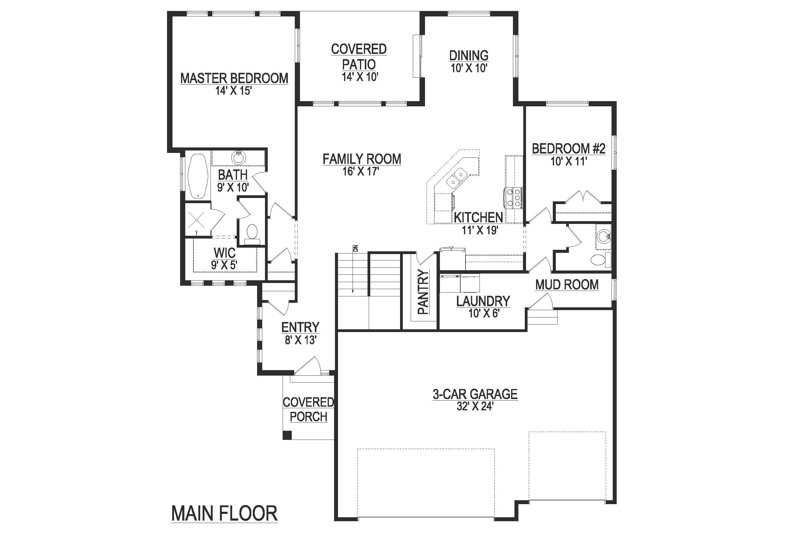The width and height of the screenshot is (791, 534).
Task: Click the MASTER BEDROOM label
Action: click(x=234, y=78)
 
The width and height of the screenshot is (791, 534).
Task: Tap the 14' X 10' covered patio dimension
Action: click(x=360, y=77)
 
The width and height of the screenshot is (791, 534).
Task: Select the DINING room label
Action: click(x=469, y=55)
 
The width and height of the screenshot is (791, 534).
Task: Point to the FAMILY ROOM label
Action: click(x=362, y=159)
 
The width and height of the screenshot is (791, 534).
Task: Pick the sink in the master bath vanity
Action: click(x=239, y=157)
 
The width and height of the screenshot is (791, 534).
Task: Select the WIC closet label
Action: click(x=225, y=253)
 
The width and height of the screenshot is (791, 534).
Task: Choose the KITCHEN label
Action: click(x=479, y=217)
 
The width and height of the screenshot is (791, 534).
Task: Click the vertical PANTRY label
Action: click(x=423, y=292)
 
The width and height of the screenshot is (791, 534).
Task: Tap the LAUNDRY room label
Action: click(x=483, y=301)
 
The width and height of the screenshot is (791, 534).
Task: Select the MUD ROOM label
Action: click(x=567, y=285)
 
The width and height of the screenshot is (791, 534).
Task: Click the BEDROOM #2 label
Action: click(x=569, y=149)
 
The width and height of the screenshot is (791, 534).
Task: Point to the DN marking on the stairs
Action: click(x=356, y=248)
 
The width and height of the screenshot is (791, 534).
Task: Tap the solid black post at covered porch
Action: click(x=287, y=435)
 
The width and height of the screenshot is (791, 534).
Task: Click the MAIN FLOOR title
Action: click(x=225, y=514)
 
